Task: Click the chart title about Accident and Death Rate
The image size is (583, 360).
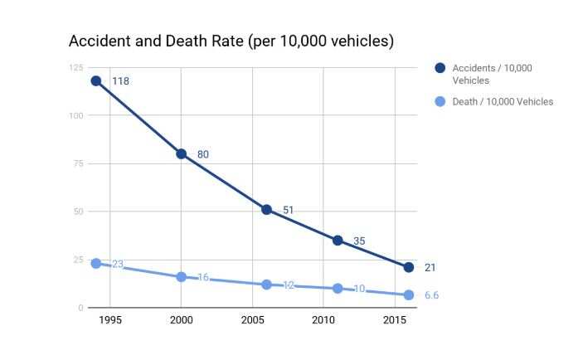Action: (231, 41)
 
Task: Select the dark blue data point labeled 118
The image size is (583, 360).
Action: (96, 80)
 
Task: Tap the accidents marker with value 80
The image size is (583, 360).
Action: (182, 153)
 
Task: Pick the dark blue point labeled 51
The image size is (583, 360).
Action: (267, 209)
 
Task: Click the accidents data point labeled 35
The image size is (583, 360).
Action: (338, 240)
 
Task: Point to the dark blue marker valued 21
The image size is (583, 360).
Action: (408, 267)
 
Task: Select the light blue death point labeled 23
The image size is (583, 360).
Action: (96, 263)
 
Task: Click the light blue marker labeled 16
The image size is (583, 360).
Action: (182, 276)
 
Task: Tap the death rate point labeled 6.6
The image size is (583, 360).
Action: (408, 294)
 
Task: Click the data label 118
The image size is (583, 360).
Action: (120, 81)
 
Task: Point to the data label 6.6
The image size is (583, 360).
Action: (432, 295)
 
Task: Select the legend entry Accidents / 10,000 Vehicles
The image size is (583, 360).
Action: (482, 74)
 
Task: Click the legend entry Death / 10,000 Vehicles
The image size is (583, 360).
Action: (502, 102)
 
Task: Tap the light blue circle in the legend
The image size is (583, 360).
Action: (440, 102)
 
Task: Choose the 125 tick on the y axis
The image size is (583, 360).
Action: (75, 67)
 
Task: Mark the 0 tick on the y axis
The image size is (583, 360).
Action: (80, 308)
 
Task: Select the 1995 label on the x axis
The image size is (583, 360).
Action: (111, 320)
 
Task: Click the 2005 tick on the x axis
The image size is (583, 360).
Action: (253, 320)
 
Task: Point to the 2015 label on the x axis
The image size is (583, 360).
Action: (394, 320)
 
